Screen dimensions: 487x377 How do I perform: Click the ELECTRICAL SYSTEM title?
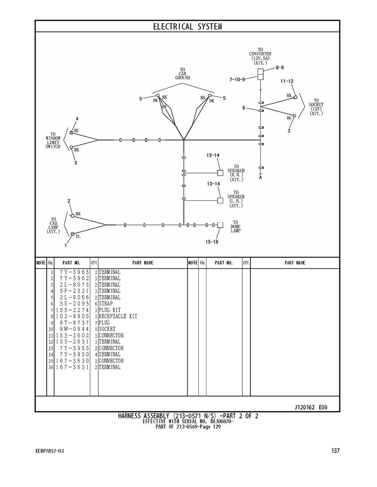coord(188,27)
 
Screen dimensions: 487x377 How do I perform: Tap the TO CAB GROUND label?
coord(182,74)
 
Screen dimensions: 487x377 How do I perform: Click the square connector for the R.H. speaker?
coord(220,172)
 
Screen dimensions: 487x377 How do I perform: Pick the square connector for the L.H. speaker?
coord(220,200)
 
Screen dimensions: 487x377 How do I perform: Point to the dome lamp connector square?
coord(220,225)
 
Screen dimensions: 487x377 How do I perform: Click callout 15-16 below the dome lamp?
coord(212,242)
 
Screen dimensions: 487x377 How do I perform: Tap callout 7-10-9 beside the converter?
coord(237,79)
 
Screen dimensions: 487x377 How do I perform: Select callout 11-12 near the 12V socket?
coord(287,81)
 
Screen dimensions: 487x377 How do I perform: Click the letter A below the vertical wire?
coord(260,177)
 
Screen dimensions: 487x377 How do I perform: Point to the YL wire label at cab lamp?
coord(78,237)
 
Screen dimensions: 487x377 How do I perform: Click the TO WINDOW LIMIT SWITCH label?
coord(53,140)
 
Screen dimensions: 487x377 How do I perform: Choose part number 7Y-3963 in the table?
coord(74,272)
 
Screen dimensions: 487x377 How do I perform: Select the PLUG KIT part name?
coord(110,310)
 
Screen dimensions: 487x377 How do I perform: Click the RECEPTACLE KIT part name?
coord(118,316)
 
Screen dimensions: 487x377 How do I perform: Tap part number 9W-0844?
coord(74,329)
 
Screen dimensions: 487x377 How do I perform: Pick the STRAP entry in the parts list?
coord(106,304)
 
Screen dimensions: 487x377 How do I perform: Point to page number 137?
coord(335,450)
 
